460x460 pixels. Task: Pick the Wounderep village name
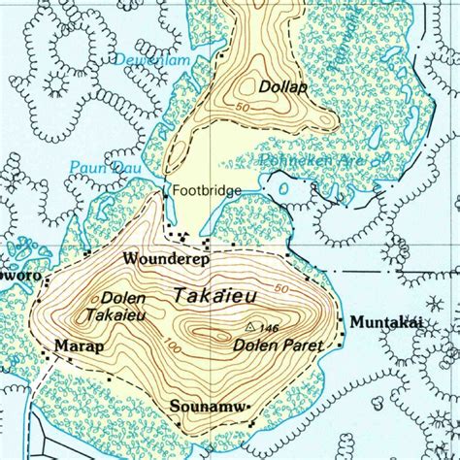(x=161, y=259)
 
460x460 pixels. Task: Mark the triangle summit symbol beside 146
(x=251, y=327)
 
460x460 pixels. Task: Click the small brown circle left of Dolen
(x=93, y=299)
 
